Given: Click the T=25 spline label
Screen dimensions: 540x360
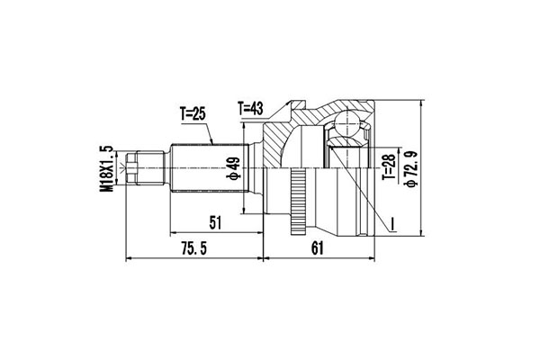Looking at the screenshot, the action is pos(193,113).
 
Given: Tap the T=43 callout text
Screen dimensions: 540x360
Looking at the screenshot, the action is pos(250,109).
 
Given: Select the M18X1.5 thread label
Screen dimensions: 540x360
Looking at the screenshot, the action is pos(107,169).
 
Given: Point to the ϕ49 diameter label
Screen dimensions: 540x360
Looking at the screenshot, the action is pos(233,168).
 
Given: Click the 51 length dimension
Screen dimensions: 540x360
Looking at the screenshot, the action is pos(215,223).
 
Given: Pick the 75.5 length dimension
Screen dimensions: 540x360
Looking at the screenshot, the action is pos(194,248).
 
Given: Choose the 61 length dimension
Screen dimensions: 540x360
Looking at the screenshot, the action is pos(317,248).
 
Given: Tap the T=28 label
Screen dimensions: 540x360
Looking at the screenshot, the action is pos(389,167).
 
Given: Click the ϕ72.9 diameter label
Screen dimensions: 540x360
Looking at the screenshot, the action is pos(412,169).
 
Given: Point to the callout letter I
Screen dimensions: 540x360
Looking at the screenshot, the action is pos(391,224).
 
